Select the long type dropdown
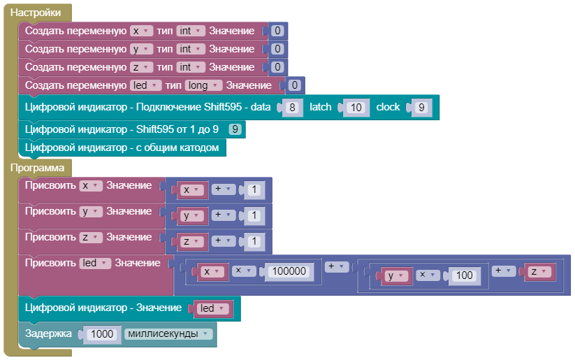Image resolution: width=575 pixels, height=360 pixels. pyautogui.click(x=203, y=85)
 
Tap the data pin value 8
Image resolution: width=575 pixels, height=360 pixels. pyautogui.click(x=293, y=108)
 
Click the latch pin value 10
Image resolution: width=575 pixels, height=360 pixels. pyautogui.click(x=356, y=108)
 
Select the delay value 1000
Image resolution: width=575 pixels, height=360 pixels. pyautogui.click(x=102, y=334)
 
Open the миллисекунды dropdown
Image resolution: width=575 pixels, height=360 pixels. pyautogui.click(x=168, y=334)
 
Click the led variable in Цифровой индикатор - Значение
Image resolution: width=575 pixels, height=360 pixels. pyautogui.click(x=211, y=308)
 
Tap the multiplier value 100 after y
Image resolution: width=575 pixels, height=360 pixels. pyautogui.click(x=463, y=275)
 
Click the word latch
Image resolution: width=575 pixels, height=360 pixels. pyautogui.click(x=321, y=107)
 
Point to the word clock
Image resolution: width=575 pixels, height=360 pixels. pyautogui.click(x=388, y=107)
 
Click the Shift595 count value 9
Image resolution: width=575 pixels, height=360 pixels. pyautogui.click(x=235, y=129)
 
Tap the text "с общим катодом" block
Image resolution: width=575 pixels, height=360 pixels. pyautogui.click(x=122, y=147)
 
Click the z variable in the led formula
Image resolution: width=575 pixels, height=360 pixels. pyautogui.click(x=537, y=271)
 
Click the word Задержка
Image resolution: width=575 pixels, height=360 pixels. pyautogui.click(x=48, y=334)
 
